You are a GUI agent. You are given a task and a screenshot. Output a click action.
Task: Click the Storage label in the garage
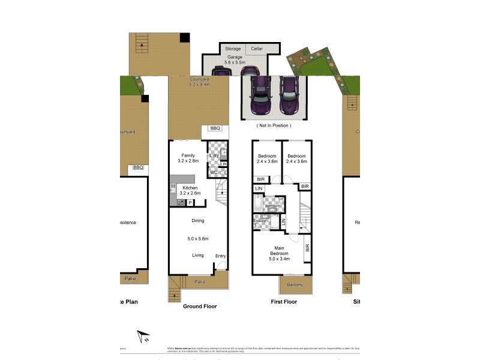click(232, 49)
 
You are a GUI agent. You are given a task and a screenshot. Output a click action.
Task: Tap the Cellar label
click(257, 49)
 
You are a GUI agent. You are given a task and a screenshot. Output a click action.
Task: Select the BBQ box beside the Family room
click(216, 128)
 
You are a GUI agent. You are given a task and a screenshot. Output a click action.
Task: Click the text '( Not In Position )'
click(274, 125)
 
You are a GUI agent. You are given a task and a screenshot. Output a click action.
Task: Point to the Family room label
click(188, 155)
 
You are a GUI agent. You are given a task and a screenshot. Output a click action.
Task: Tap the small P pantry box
click(190, 203)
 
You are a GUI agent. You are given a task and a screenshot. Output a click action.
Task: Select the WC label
click(213, 173)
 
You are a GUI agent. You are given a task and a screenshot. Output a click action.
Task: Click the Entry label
click(220, 256)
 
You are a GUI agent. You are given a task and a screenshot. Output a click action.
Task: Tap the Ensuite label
click(259, 221)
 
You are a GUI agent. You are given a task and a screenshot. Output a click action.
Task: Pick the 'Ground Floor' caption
click(200, 306)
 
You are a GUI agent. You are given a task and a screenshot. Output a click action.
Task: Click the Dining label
click(198, 221)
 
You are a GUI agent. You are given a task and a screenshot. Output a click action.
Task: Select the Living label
click(198, 255)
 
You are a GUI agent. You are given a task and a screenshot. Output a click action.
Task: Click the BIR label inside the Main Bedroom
click(307, 247)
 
